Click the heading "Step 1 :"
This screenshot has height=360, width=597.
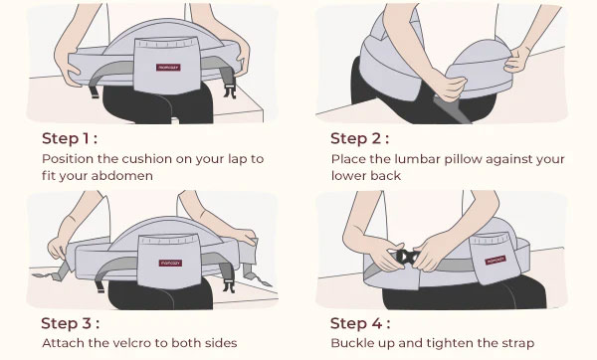(x=70, y=138)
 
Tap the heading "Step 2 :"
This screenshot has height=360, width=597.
(x=359, y=138)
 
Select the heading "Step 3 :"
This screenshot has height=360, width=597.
(x=70, y=323)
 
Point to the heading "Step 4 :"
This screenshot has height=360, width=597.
(x=360, y=323)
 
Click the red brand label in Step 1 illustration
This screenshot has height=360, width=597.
(x=168, y=68)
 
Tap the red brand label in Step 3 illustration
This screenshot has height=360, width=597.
(x=170, y=263)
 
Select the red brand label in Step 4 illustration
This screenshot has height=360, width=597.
(x=496, y=261)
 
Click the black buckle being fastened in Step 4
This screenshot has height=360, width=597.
(x=406, y=257)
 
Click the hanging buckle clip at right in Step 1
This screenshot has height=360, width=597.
(x=230, y=90)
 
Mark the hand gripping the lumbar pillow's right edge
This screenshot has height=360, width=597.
(x=516, y=59)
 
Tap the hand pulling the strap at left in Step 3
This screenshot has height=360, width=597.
(x=58, y=248)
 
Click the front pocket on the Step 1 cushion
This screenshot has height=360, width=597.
(x=167, y=66)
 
